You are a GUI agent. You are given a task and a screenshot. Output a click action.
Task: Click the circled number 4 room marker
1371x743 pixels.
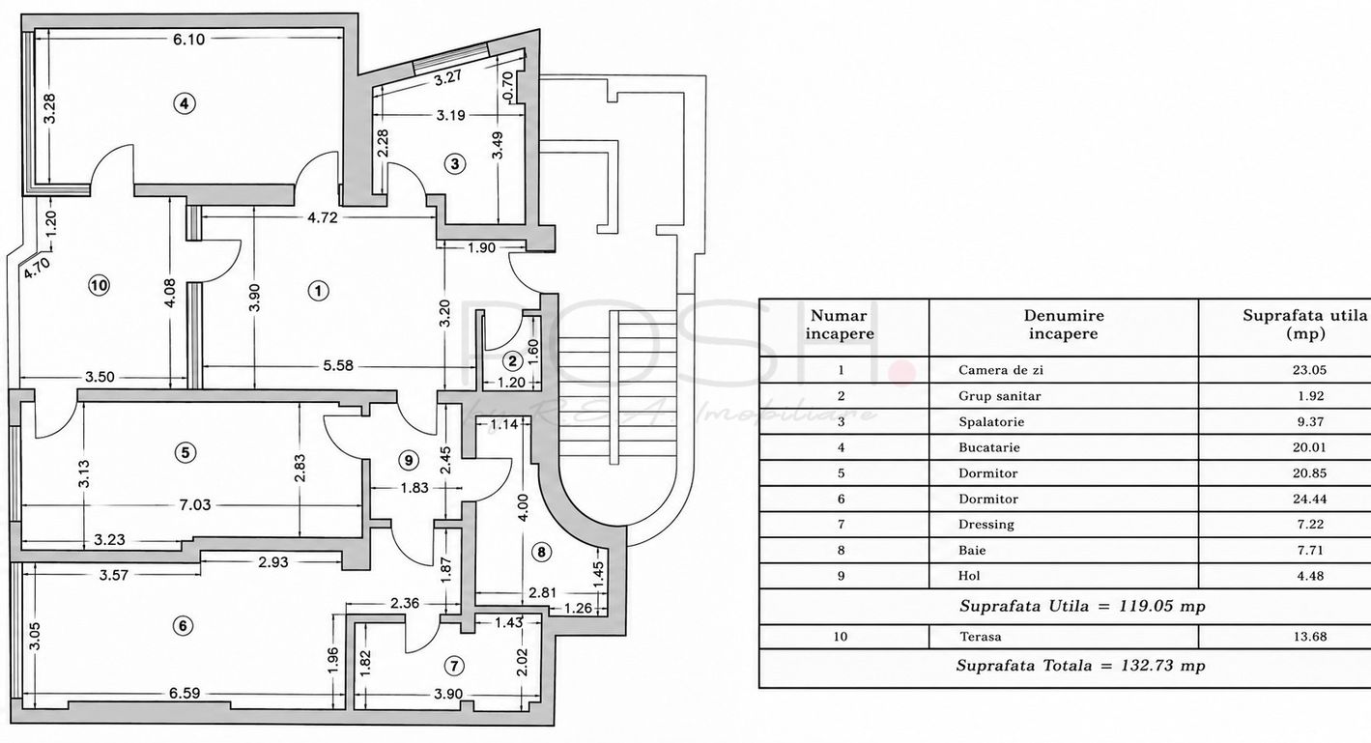tap(184, 103)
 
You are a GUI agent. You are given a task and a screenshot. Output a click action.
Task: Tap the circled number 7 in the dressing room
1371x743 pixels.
tap(453, 666)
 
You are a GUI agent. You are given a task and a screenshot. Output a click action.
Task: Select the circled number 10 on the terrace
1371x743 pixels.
tap(100, 285)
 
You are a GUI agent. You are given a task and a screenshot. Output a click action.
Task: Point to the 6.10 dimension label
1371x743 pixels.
tap(189, 40)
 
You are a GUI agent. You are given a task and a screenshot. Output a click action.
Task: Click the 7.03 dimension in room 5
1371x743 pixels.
tap(194, 505)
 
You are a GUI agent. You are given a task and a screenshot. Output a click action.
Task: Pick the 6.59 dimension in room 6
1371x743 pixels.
tap(185, 694)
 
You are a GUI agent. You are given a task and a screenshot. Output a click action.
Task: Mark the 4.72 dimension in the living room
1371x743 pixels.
tap(322, 217)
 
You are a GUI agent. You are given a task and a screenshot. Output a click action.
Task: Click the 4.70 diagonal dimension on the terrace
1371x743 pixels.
tap(37, 268)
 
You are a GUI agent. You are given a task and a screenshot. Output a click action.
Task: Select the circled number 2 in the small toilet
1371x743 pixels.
tap(512, 361)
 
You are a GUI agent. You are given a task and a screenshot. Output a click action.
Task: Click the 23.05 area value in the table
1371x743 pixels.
tap(1309, 370)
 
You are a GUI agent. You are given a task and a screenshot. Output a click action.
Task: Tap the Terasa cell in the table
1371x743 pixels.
tap(980, 637)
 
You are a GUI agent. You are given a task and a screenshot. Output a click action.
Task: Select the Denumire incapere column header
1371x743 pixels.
tap(1064, 325)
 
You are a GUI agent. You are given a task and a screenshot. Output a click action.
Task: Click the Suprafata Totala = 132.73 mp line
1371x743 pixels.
tap(1081, 666)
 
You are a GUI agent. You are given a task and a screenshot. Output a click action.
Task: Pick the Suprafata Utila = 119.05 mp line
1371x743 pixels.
tap(1082, 606)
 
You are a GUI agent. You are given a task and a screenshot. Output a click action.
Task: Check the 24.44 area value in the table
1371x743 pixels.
tap(1309, 499)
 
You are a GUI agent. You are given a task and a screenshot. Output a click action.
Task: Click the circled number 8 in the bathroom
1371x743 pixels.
tap(541, 553)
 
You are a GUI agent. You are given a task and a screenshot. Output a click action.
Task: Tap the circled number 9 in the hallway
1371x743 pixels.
tap(409, 460)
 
